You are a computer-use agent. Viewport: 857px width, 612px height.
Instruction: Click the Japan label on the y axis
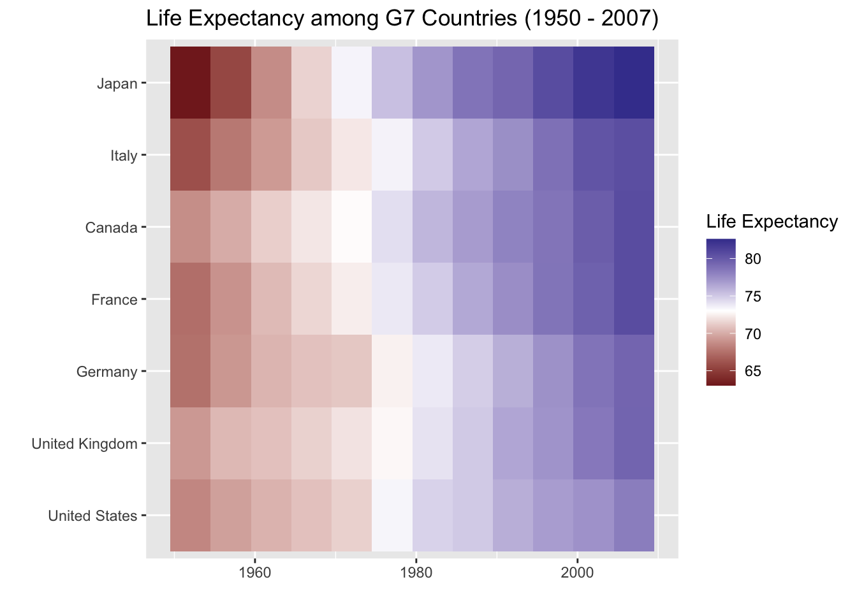117,84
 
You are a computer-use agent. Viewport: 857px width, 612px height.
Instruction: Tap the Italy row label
124,156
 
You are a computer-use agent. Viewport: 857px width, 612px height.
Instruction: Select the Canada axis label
111,228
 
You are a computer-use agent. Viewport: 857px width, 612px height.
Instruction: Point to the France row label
115,300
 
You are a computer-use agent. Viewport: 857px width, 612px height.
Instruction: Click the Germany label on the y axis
106,372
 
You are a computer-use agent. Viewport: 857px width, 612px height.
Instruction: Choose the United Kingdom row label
85,444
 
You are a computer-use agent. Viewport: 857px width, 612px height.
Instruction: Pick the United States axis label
92,516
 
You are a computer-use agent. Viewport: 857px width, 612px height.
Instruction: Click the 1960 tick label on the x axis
254,572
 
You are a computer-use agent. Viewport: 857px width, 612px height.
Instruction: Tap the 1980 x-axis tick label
416,572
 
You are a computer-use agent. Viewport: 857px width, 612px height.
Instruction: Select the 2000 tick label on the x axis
577,572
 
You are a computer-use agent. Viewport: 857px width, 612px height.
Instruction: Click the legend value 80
752,259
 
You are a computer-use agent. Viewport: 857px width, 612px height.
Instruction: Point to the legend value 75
752,296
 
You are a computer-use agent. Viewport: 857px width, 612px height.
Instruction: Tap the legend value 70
752,334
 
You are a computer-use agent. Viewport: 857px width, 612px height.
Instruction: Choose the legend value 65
752,372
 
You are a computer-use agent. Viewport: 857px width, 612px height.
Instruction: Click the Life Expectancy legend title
772,222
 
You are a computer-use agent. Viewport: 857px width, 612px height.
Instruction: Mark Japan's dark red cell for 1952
191,83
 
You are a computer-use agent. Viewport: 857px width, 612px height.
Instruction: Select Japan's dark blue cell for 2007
634,83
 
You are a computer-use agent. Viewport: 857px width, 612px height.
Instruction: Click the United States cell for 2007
634,515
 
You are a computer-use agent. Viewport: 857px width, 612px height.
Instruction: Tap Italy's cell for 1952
191,155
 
